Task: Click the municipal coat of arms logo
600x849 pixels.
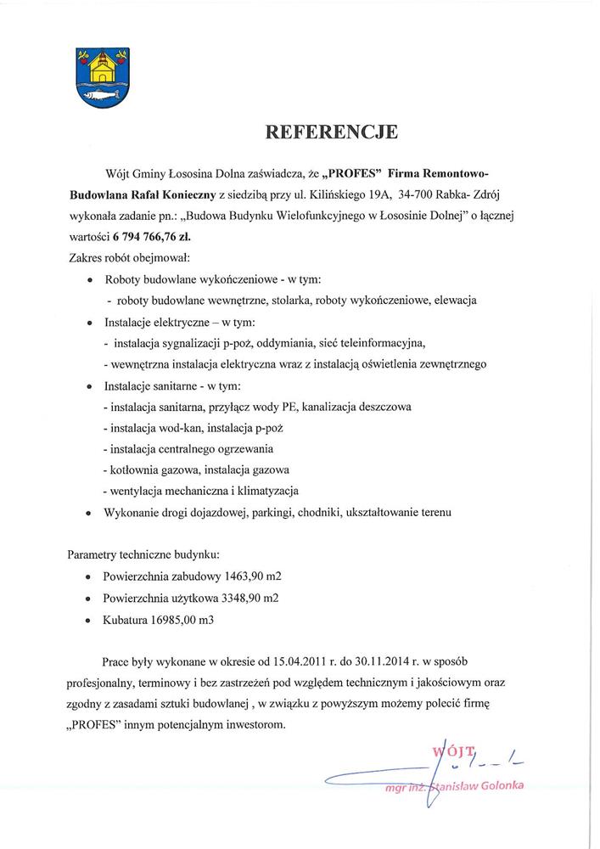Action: [101, 75]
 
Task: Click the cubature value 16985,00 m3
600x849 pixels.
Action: [183, 620]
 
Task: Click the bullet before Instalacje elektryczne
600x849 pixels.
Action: [91, 323]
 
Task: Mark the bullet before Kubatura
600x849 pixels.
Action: [91, 621]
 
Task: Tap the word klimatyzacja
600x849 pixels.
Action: [263, 491]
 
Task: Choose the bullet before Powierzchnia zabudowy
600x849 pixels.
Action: [91, 576]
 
